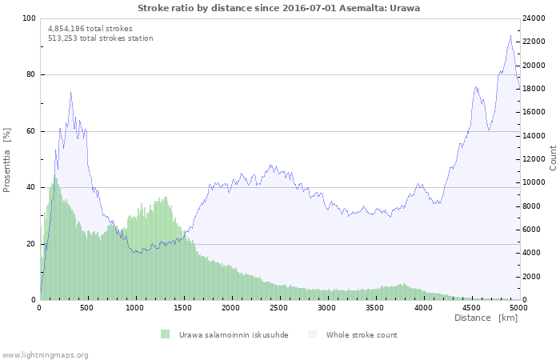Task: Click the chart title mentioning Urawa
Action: tap(278, 8)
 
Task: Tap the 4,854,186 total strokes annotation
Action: tap(90, 29)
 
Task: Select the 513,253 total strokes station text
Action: tap(100, 38)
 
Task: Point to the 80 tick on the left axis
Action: tap(30, 74)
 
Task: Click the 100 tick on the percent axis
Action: tap(29, 18)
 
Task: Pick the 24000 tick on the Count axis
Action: tap(534, 18)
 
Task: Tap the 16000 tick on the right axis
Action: tap(534, 112)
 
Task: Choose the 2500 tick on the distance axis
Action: tap(278, 308)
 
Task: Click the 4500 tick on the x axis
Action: tap(471, 308)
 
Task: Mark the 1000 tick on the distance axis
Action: tap(134, 308)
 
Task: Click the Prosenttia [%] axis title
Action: tap(6, 160)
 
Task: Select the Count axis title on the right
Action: tap(553, 158)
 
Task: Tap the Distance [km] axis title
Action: tap(486, 318)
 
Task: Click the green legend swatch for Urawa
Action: tap(165, 334)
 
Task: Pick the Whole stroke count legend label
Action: tap(362, 335)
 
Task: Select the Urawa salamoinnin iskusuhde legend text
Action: tap(234, 335)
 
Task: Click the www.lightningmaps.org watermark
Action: tap(44, 355)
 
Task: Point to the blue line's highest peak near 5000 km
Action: tap(510, 35)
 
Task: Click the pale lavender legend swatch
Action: tap(312, 334)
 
